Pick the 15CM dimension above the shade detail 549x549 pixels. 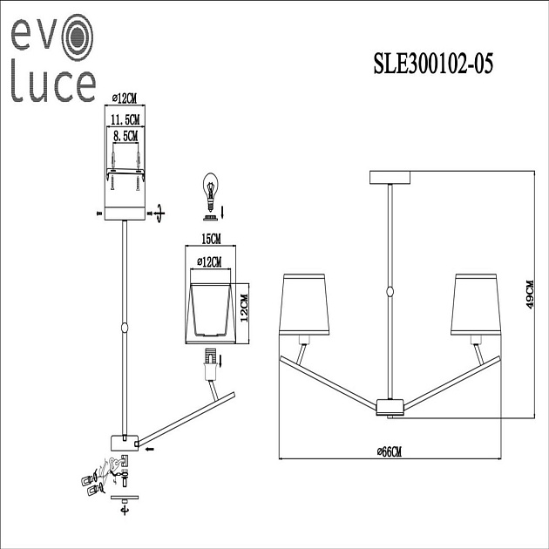pos(210,238)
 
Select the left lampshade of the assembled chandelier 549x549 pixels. pos(305,305)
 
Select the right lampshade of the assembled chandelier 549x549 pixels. pos(475,305)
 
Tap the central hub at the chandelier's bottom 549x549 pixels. pos(390,405)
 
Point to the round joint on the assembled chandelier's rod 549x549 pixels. pos(390,292)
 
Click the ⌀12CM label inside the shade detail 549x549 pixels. pos(209,262)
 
